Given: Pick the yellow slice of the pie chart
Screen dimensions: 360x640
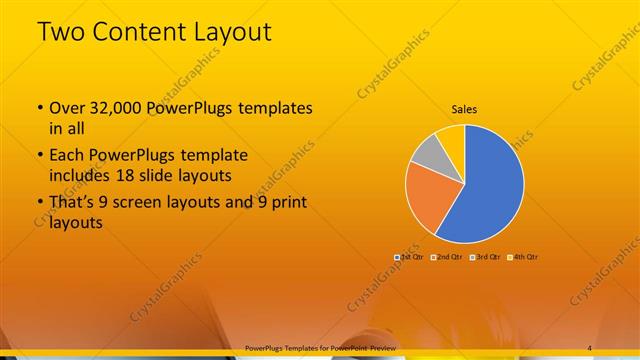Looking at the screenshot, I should point(451,138).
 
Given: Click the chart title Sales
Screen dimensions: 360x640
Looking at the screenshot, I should point(464,110).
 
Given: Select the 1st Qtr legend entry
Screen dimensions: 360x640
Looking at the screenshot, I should point(411,258).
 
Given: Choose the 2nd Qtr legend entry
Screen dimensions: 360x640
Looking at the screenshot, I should point(447,258).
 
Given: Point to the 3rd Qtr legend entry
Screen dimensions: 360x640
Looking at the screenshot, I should point(484,258).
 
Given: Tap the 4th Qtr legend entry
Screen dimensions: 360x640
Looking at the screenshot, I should point(522,258).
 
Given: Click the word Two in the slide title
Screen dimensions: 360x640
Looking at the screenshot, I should point(62,32).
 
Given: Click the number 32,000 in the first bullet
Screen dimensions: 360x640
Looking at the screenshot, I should point(109,108).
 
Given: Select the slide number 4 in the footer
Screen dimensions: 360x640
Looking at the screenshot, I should point(590,348).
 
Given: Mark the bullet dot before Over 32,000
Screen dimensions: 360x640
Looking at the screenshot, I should point(39,108).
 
